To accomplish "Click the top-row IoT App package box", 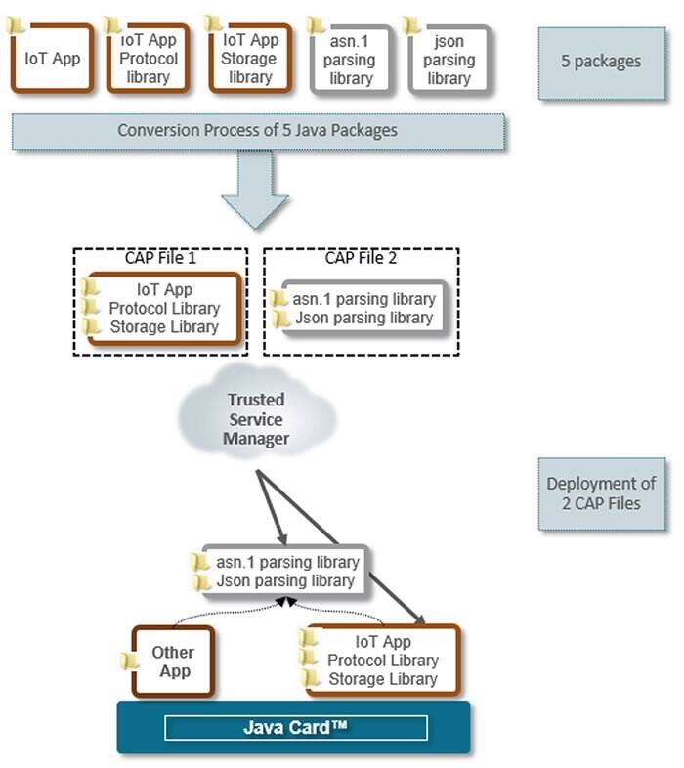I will click(53, 58).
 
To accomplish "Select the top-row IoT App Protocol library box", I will click(148, 59).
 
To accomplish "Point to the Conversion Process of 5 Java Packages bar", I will click(258, 131).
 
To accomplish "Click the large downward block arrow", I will click(255, 190).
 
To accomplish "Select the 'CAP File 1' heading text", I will click(160, 259).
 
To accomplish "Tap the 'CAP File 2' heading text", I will click(361, 259).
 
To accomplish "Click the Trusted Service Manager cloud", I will click(257, 419).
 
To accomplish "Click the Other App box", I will click(173, 661).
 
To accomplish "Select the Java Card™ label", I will click(294, 728).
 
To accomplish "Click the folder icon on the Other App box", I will click(128, 661).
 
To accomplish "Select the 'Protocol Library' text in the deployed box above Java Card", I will click(382, 661).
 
